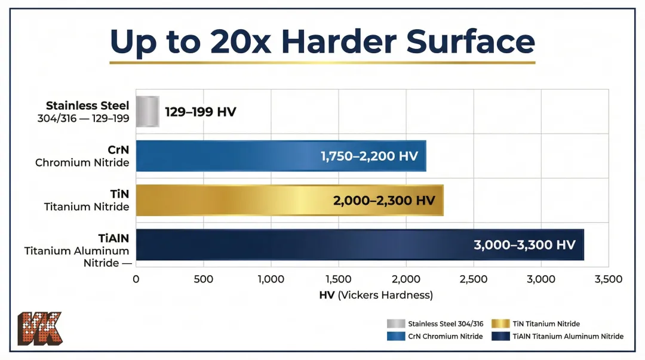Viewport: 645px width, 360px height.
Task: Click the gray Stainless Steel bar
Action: coord(148,112)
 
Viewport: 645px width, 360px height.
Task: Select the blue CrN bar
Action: coord(239,156)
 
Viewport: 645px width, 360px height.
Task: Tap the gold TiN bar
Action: coord(239,200)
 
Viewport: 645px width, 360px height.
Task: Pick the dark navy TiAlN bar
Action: coord(299,245)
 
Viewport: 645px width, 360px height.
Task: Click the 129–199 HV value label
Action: coord(201,112)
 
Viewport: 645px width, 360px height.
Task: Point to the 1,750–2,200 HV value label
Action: coord(369,156)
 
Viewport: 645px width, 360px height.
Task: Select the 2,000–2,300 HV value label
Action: coord(384,201)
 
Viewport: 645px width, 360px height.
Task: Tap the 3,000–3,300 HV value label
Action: coord(524,245)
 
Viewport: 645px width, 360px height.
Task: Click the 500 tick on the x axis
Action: coord(204,279)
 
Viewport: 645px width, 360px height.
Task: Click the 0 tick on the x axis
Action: coord(136,279)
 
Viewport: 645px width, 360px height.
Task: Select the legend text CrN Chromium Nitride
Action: coord(445,336)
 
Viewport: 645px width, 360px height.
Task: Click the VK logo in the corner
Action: coord(39,328)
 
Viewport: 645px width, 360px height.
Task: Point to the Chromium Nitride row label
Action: coord(82,162)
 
